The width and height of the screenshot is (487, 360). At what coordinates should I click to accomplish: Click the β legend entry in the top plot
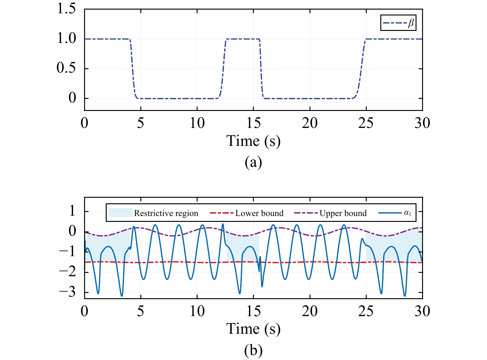[398, 23]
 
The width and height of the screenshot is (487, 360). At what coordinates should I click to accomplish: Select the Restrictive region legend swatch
[120, 213]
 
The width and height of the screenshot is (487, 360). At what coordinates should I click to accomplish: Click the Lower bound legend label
[259, 213]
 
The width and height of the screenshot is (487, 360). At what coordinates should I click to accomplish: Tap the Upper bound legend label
[343, 213]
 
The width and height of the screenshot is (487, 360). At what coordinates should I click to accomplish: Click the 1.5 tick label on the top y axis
[66, 9]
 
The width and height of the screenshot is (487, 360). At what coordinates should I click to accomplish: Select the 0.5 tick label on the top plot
[66, 68]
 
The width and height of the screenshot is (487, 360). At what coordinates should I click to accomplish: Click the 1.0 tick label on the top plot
[66, 38]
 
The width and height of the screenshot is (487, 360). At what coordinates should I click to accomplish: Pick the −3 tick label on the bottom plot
[67, 292]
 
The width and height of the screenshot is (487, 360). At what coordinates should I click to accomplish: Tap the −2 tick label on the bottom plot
[67, 272]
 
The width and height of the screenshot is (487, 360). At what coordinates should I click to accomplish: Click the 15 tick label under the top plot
[253, 123]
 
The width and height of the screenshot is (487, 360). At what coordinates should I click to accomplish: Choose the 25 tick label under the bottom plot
[366, 311]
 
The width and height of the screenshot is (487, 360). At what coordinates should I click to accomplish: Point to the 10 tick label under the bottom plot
[197, 311]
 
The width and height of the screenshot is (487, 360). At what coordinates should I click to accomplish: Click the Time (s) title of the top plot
[253, 141]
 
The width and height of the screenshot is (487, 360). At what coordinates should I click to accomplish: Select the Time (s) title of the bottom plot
[253, 329]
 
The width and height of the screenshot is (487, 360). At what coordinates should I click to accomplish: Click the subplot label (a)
[253, 162]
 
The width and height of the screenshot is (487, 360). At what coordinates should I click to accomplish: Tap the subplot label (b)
[253, 350]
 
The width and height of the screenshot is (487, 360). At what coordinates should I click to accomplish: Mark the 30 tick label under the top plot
[422, 123]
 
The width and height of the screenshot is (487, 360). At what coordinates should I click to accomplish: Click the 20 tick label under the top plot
[310, 123]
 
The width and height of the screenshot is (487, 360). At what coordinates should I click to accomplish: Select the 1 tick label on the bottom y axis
[72, 211]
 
